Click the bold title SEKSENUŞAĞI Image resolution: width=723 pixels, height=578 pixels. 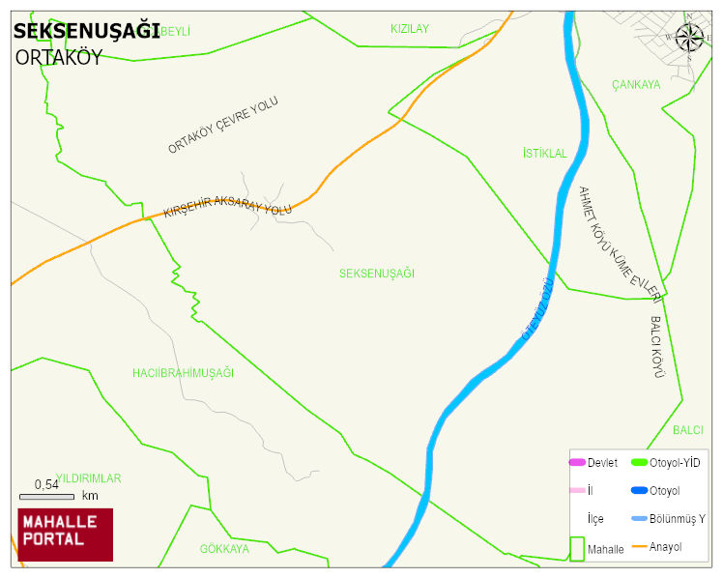point(86,32)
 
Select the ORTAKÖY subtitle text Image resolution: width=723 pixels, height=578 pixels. point(58,58)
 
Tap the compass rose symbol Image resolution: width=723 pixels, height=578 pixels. point(689,38)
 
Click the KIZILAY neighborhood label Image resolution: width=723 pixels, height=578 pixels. point(409,29)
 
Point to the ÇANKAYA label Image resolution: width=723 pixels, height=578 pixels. point(636,85)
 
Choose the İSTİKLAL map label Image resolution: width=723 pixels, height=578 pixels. point(544,154)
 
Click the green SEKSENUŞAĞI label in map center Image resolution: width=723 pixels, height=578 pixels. point(376,274)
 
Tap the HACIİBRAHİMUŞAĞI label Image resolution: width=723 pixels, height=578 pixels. point(183,372)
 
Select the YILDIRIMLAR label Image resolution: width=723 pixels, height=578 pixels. point(88,478)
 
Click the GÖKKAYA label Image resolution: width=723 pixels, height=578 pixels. point(224,548)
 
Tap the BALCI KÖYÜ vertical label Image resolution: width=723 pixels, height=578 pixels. point(657,345)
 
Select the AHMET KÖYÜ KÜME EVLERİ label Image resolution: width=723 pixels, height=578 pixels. point(619,242)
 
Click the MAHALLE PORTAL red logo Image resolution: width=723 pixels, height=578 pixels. point(65,534)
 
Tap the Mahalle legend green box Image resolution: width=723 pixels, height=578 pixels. point(577,548)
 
